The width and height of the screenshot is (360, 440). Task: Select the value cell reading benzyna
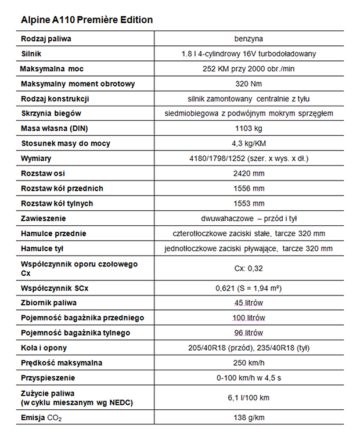coord(248,39)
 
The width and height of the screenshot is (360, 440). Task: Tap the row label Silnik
coord(31,54)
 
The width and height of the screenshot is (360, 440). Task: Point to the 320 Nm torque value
coord(248,84)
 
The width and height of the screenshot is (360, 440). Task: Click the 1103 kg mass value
coord(248,128)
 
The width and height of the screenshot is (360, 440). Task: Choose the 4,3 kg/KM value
coord(248,143)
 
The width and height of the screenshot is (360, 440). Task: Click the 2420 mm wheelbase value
coord(248,173)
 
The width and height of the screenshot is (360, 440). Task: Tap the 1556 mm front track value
coord(248,188)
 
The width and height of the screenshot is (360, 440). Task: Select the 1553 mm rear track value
coord(248,203)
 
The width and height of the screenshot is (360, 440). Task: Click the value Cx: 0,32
coord(248,269)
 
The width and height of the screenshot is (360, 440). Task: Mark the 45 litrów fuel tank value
coord(248,302)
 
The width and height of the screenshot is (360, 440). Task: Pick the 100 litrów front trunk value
coord(248,318)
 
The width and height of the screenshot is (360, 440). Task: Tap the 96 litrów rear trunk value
coord(248,333)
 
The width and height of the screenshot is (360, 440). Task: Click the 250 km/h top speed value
coord(248,363)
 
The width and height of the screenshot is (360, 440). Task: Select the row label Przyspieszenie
coord(48,378)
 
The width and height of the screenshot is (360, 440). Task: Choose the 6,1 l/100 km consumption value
coord(248,398)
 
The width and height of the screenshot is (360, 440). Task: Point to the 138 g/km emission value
coord(248,418)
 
